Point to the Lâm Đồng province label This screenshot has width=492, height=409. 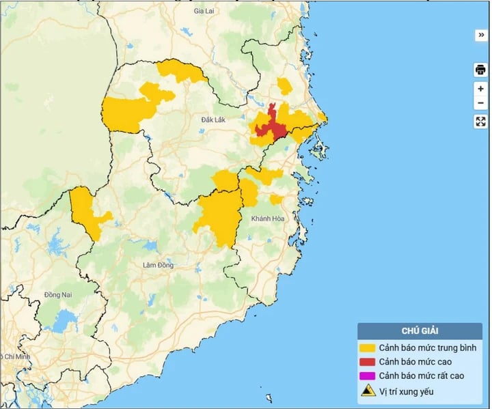click(158, 264)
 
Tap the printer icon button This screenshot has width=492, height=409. click(480, 70)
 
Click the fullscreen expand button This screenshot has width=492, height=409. click(480, 122)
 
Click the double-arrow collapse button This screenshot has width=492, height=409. click(481, 35)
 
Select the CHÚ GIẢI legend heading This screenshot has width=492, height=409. click(420, 331)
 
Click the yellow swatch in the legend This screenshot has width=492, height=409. click(368, 348)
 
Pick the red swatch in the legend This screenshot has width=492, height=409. click(368, 362)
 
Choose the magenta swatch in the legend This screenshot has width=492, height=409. click(368, 376)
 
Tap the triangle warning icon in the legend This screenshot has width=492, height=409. click(368, 391)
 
